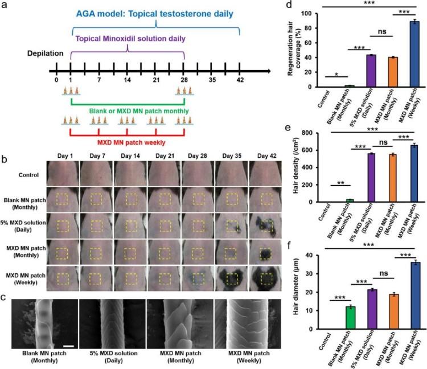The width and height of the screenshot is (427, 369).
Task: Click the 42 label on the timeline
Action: (x=240, y=80)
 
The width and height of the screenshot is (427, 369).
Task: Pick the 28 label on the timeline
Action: (x=184, y=80)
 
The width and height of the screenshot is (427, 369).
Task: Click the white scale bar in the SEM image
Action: (x=67, y=329)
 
